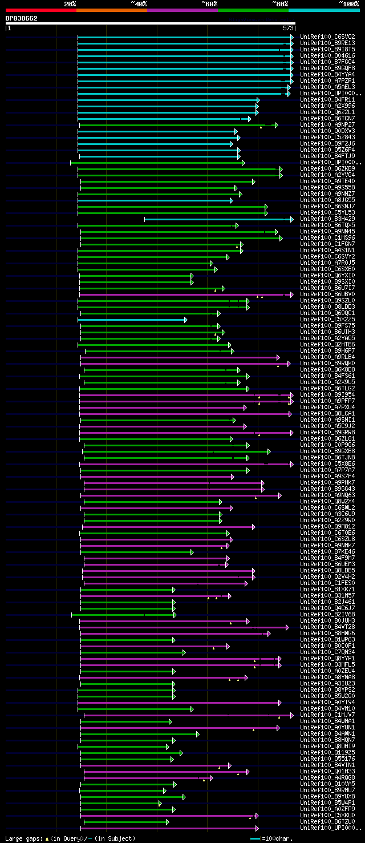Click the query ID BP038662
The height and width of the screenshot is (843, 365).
click(x=22, y=18)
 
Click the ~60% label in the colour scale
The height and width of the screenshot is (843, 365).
click(x=209, y=4)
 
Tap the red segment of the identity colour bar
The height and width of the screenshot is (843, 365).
click(x=40, y=10)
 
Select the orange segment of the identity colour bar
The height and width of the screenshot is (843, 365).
click(x=111, y=10)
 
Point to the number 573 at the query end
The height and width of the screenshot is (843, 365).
click(x=288, y=27)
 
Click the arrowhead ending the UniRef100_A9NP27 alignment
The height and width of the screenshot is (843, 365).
click(x=276, y=125)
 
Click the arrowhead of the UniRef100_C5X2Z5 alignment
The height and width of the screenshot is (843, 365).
click(x=185, y=320)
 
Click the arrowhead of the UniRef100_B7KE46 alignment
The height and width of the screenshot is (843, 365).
click(x=192, y=552)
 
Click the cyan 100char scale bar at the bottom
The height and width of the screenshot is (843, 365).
click(x=255, y=838)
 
